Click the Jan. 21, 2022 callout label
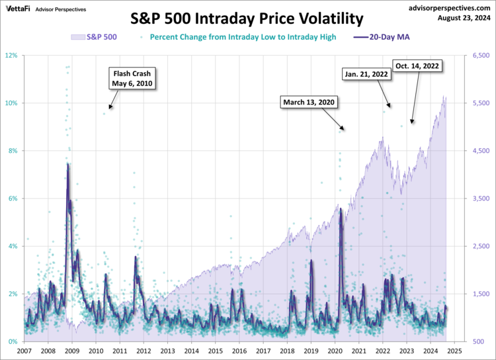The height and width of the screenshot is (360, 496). pos(366,75)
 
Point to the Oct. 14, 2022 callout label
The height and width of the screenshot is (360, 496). pos(417,66)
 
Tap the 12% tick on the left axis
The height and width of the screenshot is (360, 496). pos(11,56)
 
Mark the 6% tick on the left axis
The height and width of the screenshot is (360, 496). pos(13,199)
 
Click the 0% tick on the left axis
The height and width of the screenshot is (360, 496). pos(13,341)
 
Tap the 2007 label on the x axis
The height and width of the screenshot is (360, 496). pos(24,351)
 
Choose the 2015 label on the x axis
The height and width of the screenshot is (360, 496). pos(216,351)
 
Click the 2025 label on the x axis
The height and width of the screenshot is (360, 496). pos(454,351)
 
